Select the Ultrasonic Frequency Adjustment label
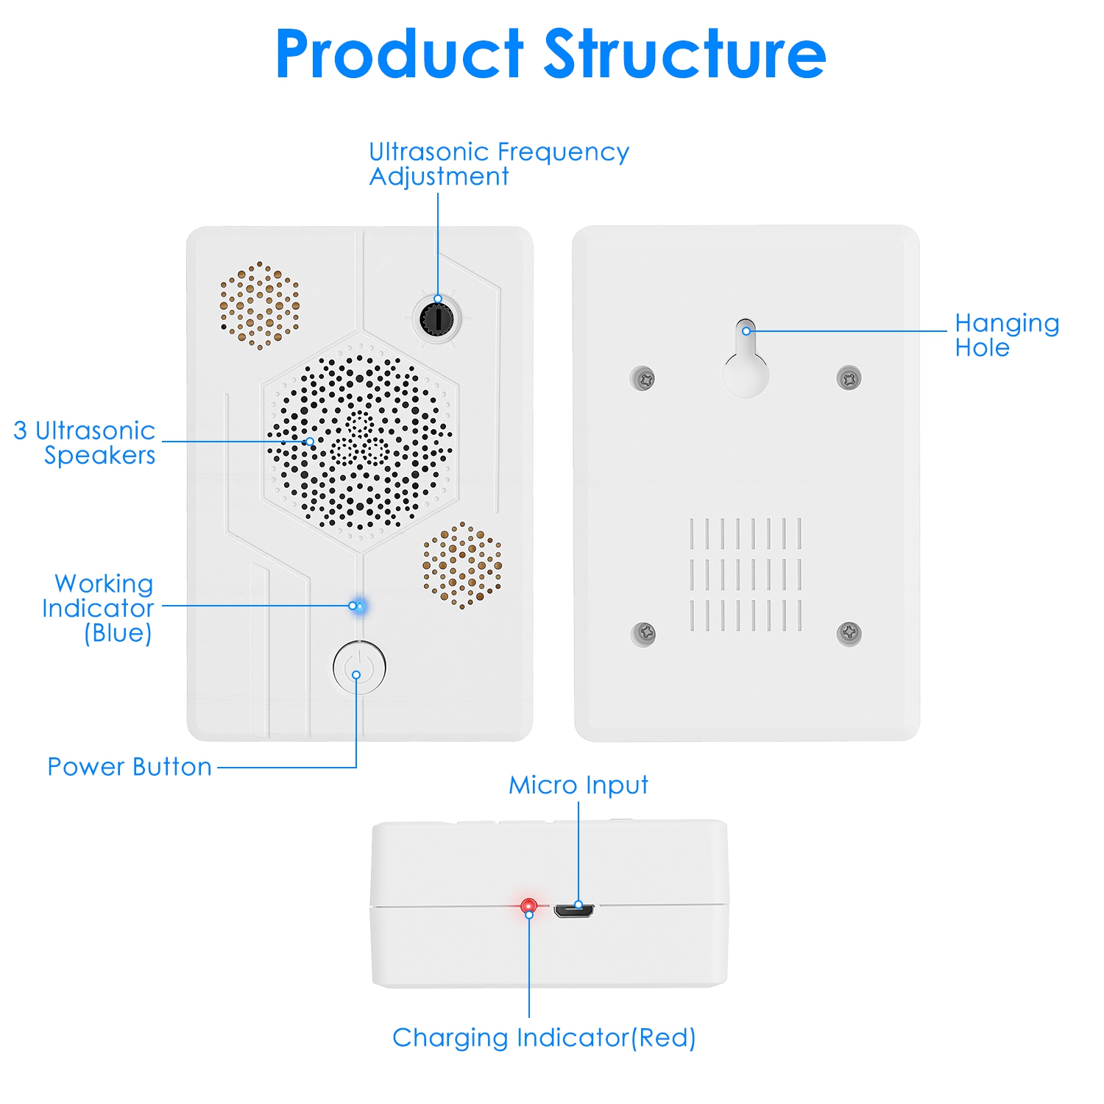pos(498,164)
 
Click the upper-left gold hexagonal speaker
pos(260,305)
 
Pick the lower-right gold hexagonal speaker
pos(462,565)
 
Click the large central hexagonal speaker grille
pos(360,442)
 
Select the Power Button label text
pos(130,767)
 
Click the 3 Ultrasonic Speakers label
pos(85,442)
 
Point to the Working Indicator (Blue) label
pos(99,608)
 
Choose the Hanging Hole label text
pos(1006,335)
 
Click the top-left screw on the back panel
pos(643,379)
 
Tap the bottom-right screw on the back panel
pos(849,633)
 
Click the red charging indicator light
pos(528,905)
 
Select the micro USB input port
pos(575,911)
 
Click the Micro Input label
pos(578,785)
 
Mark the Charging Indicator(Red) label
pos(544,1038)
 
